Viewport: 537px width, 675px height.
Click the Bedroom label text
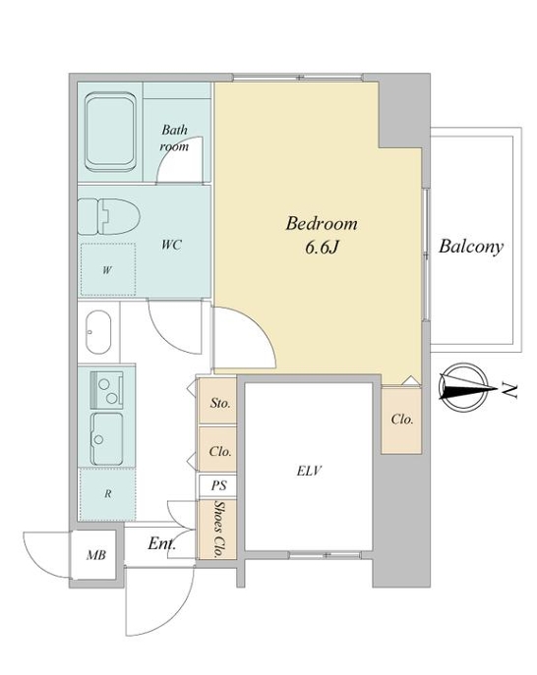pyautogui.click(x=322, y=224)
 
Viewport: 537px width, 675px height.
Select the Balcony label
pyautogui.click(x=471, y=247)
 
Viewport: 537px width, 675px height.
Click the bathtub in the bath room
pyautogui.click(x=110, y=133)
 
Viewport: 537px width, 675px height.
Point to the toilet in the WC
pyautogui.click(x=109, y=216)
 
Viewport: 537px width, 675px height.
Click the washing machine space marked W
pyautogui.click(x=108, y=270)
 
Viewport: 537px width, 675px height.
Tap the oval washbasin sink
pyautogui.click(x=98, y=332)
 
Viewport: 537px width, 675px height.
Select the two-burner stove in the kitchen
pyautogui.click(x=106, y=390)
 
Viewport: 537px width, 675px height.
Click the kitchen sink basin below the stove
pyautogui.click(x=106, y=438)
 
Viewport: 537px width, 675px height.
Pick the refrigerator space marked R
pyautogui.click(x=107, y=494)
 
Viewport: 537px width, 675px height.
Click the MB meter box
pyautogui.click(x=95, y=555)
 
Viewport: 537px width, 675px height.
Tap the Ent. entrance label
pyautogui.click(x=161, y=543)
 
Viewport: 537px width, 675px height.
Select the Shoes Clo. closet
pyautogui.click(x=217, y=530)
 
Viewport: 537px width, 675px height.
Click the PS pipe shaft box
pyautogui.click(x=217, y=485)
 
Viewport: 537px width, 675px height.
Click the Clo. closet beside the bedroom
pyautogui.click(x=401, y=420)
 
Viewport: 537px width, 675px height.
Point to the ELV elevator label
pyautogui.click(x=310, y=471)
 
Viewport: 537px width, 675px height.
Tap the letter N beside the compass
pyautogui.click(x=509, y=390)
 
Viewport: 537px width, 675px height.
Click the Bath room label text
pyautogui.click(x=174, y=138)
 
